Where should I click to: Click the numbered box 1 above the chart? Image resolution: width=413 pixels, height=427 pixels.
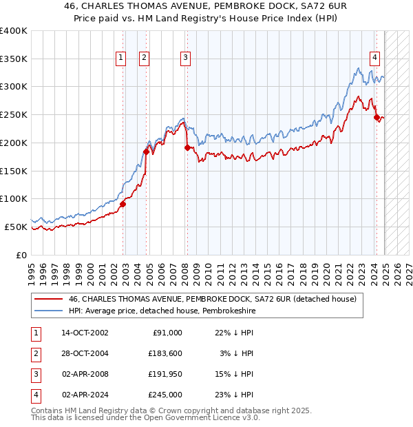pyautogui.click(x=121, y=59)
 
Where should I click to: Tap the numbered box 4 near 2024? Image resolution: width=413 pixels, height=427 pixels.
pyautogui.click(x=374, y=59)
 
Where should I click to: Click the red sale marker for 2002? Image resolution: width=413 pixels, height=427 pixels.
pyautogui.click(x=123, y=204)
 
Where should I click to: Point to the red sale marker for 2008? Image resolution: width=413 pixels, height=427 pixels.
pyautogui.click(x=187, y=147)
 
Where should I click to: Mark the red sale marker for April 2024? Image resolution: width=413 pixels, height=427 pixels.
pyautogui.click(x=377, y=117)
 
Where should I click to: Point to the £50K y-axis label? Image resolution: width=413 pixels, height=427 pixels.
pyautogui.click(x=17, y=227)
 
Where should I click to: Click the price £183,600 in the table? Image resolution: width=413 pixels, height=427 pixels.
pyautogui.click(x=165, y=353)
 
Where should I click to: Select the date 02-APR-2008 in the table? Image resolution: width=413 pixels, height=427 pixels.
pyautogui.click(x=85, y=374)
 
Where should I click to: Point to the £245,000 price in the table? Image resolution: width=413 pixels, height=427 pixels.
pyautogui.click(x=165, y=395)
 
